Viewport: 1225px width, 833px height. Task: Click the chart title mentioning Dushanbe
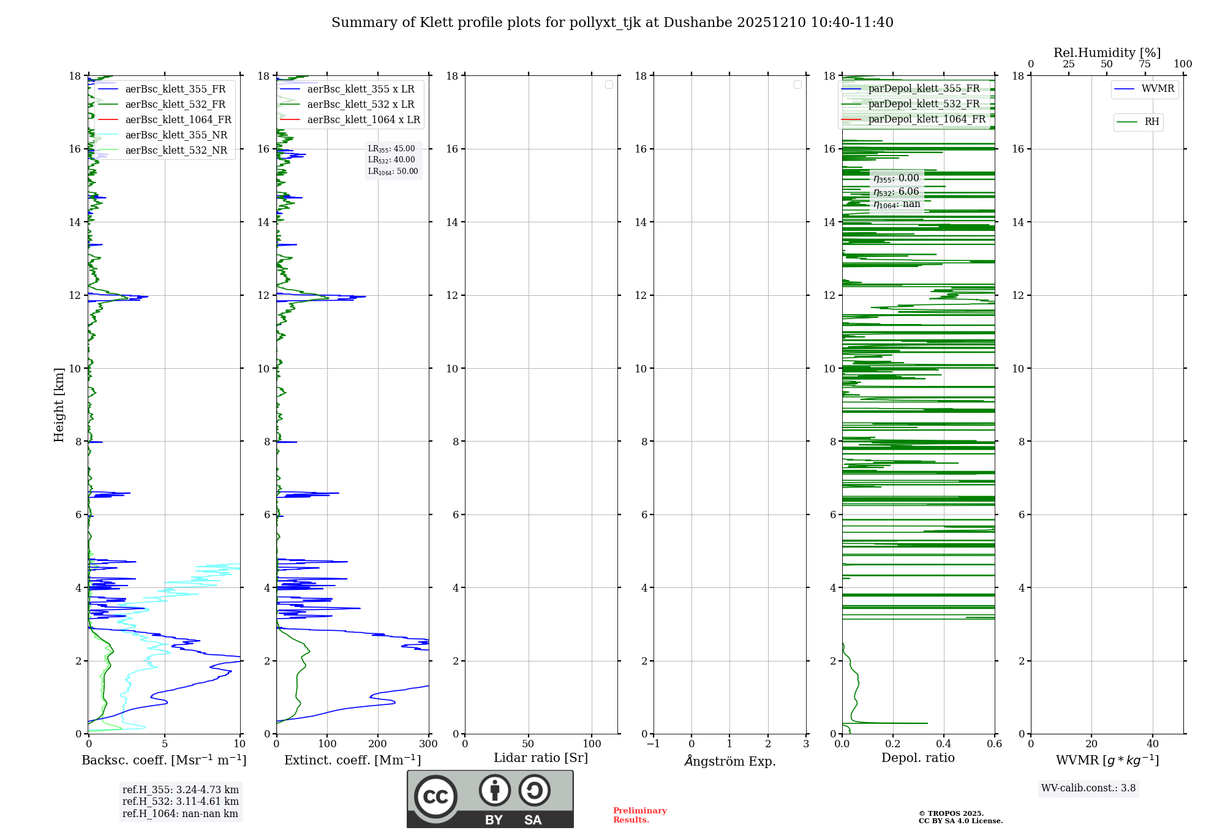point(612,23)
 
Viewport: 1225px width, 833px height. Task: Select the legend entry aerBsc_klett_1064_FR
point(178,120)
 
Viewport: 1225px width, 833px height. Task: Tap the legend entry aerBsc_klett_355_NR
point(176,135)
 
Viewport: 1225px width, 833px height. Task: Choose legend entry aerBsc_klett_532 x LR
point(360,105)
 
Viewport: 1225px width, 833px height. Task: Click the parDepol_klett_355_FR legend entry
point(923,89)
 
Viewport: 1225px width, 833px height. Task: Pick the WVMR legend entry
point(1157,89)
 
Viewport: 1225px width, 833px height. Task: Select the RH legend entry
point(1151,122)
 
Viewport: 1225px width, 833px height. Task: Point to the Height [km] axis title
point(59,404)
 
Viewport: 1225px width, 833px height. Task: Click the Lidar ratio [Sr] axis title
point(540,758)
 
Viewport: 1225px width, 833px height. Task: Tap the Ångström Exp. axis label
point(729,761)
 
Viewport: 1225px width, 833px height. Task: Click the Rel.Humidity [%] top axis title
point(1107,53)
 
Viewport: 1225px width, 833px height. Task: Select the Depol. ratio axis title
point(918,758)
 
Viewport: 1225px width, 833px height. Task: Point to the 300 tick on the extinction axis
point(428,744)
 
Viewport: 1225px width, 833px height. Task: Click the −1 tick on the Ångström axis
point(654,744)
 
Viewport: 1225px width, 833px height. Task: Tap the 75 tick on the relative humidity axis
point(1144,64)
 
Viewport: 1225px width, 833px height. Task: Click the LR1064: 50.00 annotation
point(393,171)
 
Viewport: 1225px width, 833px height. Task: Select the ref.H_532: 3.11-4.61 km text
point(180,802)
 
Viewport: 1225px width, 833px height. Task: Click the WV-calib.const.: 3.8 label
point(1088,788)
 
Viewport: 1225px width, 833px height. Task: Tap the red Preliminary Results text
point(639,815)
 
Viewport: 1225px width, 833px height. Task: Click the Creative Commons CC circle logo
point(435,797)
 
